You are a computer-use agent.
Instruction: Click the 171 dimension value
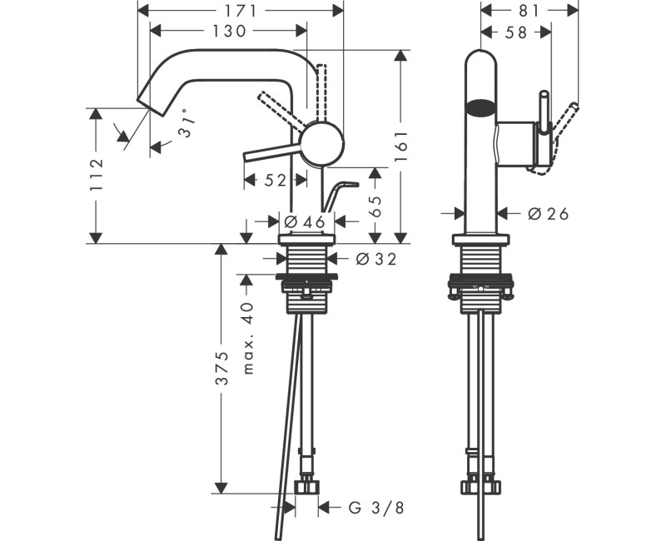pos(239,10)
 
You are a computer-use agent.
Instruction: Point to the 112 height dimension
pos(97,175)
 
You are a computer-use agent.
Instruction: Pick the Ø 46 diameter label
pos(303,221)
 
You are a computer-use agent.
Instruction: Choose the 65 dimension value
pos(375,206)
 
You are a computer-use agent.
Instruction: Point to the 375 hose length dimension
pos(221,369)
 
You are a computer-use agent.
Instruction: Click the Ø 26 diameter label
pos(549,214)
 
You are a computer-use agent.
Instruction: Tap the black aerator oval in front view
pos(480,107)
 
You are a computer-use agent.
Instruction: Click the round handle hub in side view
pos(321,143)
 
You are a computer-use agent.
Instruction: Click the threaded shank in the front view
pos(480,262)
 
